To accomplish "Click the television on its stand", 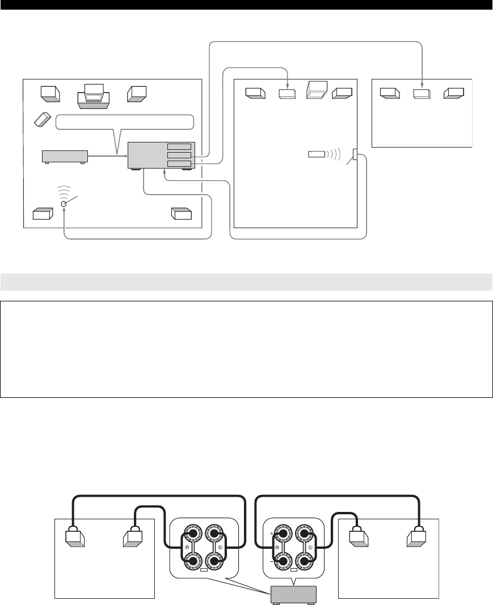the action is pyautogui.click(x=94, y=95).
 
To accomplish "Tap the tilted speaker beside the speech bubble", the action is pyautogui.click(x=42, y=120).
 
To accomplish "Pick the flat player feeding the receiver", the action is pyautogui.click(x=65, y=156).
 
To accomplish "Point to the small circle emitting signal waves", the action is pyautogui.click(x=64, y=204).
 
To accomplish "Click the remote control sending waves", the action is pyautogui.click(x=317, y=154).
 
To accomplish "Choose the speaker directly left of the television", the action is pyautogui.click(x=50, y=93).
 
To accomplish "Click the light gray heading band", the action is pyautogui.click(x=246, y=282).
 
